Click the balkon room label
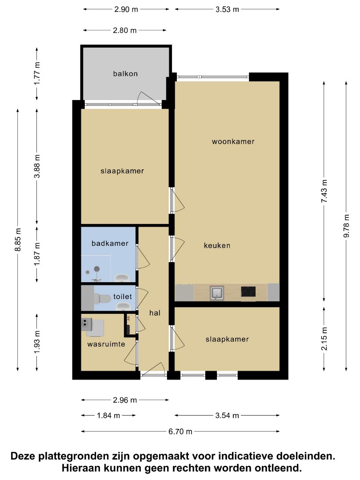pyautogui.click(x=125, y=74)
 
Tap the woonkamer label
pyautogui.click(x=233, y=141)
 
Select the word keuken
pyautogui.click(x=217, y=245)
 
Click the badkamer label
pyautogui.click(x=110, y=244)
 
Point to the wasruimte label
pyautogui.click(x=106, y=344)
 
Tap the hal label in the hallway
pyautogui.click(x=155, y=313)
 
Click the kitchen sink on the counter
pyautogui.click(x=217, y=292)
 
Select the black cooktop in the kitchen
pyautogui.click(x=248, y=292)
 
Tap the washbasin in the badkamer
pyautogui.click(x=122, y=278)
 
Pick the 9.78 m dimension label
pyautogui.click(x=346, y=226)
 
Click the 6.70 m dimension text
pyautogui.click(x=180, y=431)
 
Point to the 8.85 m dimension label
pyautogui.click(x=18, y=240)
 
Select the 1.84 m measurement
pyautogui.click(x=108, y=416)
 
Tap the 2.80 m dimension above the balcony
pyautogui.click(x=124, y=30)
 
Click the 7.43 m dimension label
pyautogui.click(x=324, y=191)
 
